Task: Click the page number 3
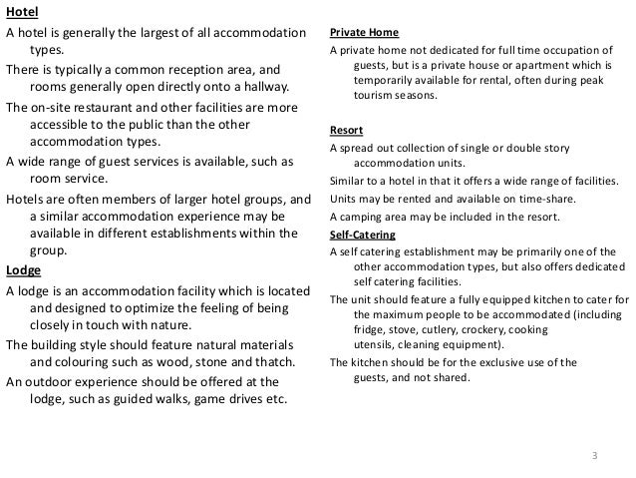tap(594, 456)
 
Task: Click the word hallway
tap(253, 88)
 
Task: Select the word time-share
tap(506, 199)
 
